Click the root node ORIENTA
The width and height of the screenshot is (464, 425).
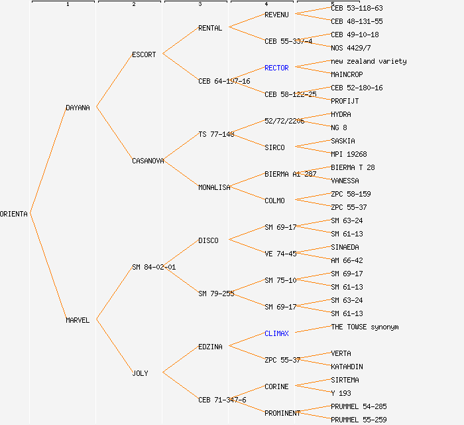(14, 214)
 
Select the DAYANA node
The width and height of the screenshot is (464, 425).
(78, 108)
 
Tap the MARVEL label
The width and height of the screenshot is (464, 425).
(78, 320)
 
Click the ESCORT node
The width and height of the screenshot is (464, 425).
(144, 54)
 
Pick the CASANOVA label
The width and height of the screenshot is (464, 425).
(148, 161)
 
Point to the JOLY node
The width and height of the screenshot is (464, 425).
(140, 373)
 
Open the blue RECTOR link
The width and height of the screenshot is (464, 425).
(276, 68)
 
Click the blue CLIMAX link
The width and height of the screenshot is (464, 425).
(276, 333)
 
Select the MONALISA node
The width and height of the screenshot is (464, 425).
(214, 187)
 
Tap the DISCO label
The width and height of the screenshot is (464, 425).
(208, 240)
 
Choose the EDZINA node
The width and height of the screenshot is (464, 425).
(210, 347)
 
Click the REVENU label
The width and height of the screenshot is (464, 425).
(276, 15)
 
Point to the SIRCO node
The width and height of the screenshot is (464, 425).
(274, 147)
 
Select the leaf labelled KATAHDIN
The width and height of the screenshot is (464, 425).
(347, 367)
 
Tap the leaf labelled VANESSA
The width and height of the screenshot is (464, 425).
(345, 181)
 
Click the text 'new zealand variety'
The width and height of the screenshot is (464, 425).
(369, 61)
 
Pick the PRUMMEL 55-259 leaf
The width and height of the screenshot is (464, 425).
(359, 420)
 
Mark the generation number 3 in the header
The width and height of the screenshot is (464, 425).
(200, 5)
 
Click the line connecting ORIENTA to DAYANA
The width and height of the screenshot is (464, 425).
(48, 160)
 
